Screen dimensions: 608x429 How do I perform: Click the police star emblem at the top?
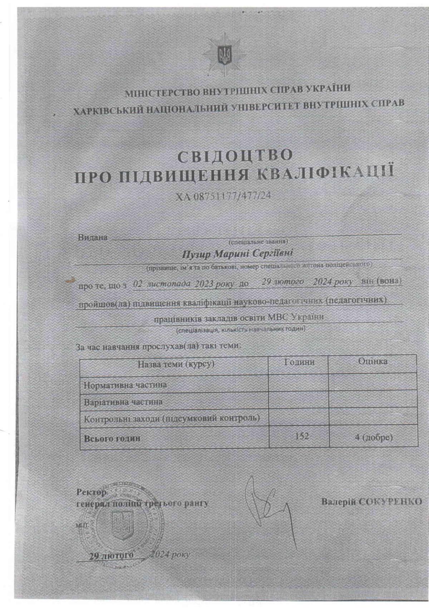[x=224, y=55]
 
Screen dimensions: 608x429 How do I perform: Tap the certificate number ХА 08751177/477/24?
[x=226, y=196]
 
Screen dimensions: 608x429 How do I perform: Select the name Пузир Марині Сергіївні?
[x=237, y=254]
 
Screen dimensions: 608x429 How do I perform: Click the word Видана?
[x=93, y=237]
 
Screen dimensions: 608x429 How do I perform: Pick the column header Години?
[x=299, y=362]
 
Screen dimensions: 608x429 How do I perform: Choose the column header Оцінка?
[x=373, y=362]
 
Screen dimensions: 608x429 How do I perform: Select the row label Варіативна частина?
[x=123, y=402]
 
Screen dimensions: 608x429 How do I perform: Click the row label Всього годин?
[x=112, y=438]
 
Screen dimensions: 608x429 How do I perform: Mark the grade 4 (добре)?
[x=374, y=437]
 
